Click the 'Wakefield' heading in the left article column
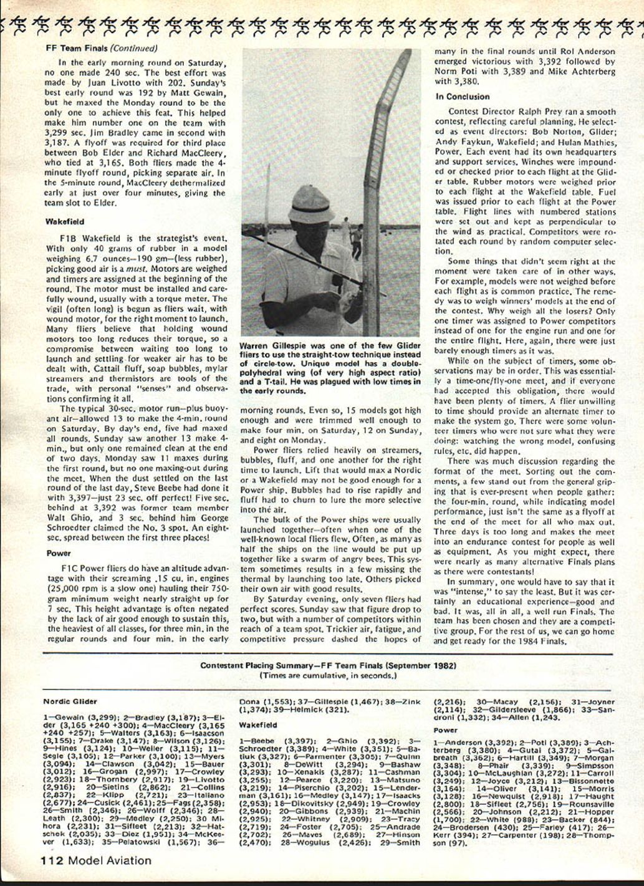(64, 221)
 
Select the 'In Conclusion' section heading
(463, 97)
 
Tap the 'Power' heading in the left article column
(59, 553)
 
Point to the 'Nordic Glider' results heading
(70, 701)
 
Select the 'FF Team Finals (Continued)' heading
(102, 48)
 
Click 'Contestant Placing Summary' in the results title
(257, 665)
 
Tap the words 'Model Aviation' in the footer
(110, 861)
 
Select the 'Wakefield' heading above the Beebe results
(258, 725)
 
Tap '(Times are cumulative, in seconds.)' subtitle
(328, 675)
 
